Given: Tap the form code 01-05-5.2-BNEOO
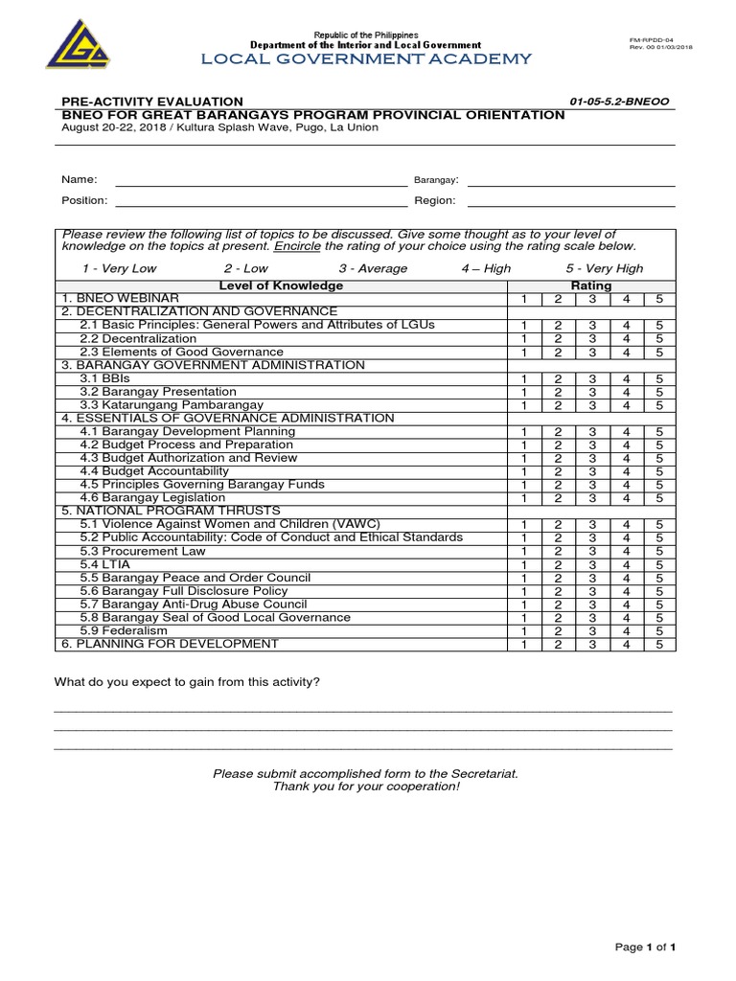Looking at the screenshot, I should (621, 102).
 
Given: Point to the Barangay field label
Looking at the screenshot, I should (436, 180).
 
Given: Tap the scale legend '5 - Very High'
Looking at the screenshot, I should (604, 269).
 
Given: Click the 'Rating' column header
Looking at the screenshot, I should (591, 286).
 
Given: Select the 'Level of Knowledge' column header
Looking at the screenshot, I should (281, 286).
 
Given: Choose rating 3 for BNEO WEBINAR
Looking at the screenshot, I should (592, 300).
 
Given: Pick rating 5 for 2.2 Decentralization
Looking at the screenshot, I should (659, 338).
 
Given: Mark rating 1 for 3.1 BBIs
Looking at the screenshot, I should (524, 379).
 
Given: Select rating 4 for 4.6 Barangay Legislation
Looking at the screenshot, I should (626, 498).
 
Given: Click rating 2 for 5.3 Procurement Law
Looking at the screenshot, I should (558, 552).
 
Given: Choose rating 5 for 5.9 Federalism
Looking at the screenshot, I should (659, 631).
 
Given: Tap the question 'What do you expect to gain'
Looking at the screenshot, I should (187, 681).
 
